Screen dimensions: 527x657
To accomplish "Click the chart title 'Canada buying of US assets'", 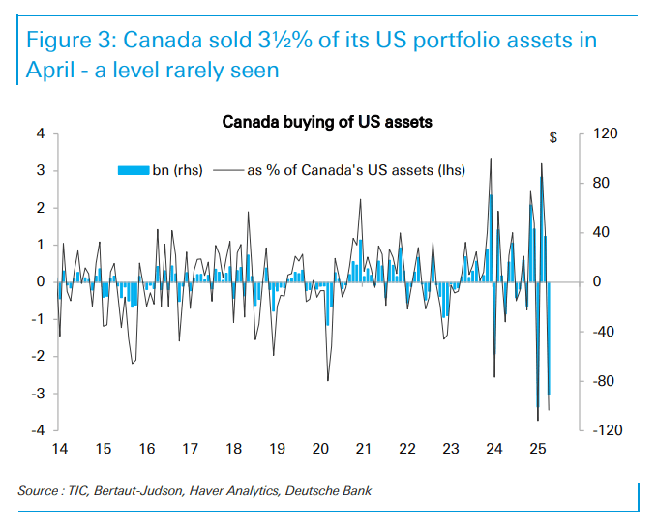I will tap(327, 123).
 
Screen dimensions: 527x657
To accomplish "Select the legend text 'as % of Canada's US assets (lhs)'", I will tap(356, 170).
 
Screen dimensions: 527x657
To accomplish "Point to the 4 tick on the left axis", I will tap(41, 133).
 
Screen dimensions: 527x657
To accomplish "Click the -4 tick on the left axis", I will tap(38, 429).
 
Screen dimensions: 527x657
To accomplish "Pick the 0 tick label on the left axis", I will tap(41, 281).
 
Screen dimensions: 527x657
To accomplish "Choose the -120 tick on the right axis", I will tap(601, 429).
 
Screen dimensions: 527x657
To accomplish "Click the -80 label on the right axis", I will tap(603, 381).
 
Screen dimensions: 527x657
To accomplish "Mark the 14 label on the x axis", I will tap(59, 449).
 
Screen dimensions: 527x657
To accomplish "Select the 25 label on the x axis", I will tap(538, 449).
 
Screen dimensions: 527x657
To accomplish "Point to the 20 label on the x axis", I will tap(320, 449).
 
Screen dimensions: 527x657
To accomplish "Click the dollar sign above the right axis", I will tap(553, 137).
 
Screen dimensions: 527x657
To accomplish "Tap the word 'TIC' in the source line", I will tap(75, 491).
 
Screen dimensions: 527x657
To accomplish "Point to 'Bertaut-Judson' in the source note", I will tap(134, 491).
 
